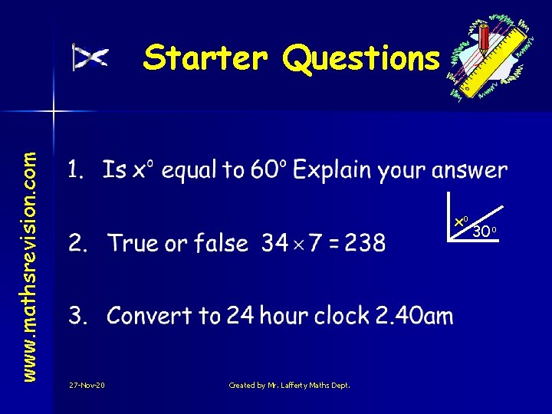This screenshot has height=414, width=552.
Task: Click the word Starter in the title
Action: point(205,58)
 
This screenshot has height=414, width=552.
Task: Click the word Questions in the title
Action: point(362,59)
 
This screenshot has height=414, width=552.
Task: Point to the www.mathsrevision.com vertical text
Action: point(29,254)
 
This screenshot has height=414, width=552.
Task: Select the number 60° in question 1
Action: point(268,170)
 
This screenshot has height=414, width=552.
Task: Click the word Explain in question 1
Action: point(337,171)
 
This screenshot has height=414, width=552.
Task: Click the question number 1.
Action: point(76,170)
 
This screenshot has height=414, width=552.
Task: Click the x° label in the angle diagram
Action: point(462,221)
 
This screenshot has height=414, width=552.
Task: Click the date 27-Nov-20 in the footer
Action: point(87,385)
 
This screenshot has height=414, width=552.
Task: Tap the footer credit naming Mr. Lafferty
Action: point(289,385)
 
